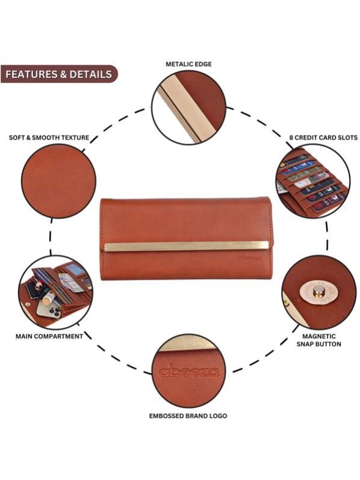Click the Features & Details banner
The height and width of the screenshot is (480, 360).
tap(59, 74)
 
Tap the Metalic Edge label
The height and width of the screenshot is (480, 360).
tap(189, 64)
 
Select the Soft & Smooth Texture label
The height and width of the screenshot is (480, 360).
tap(49, 138)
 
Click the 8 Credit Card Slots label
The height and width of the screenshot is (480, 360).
tap(323, 138)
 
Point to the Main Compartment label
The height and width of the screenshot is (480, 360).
tap(49, 336)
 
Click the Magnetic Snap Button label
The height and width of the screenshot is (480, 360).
tap(318, 340)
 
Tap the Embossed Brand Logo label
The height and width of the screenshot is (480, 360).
tap(188, 416)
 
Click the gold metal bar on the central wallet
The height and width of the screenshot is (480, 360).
tap(186, 247)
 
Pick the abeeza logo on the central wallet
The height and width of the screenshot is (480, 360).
tap(250, 258)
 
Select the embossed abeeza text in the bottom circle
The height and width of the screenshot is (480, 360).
tap(189, 371)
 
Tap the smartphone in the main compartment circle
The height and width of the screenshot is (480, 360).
tap(49, 310)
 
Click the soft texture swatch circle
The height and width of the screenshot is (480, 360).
tap(58, 181)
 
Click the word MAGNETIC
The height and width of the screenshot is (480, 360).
tap(319, 336)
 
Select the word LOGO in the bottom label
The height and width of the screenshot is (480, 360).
tap(219, 416)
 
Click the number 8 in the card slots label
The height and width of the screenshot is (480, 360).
tap(291, 138)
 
